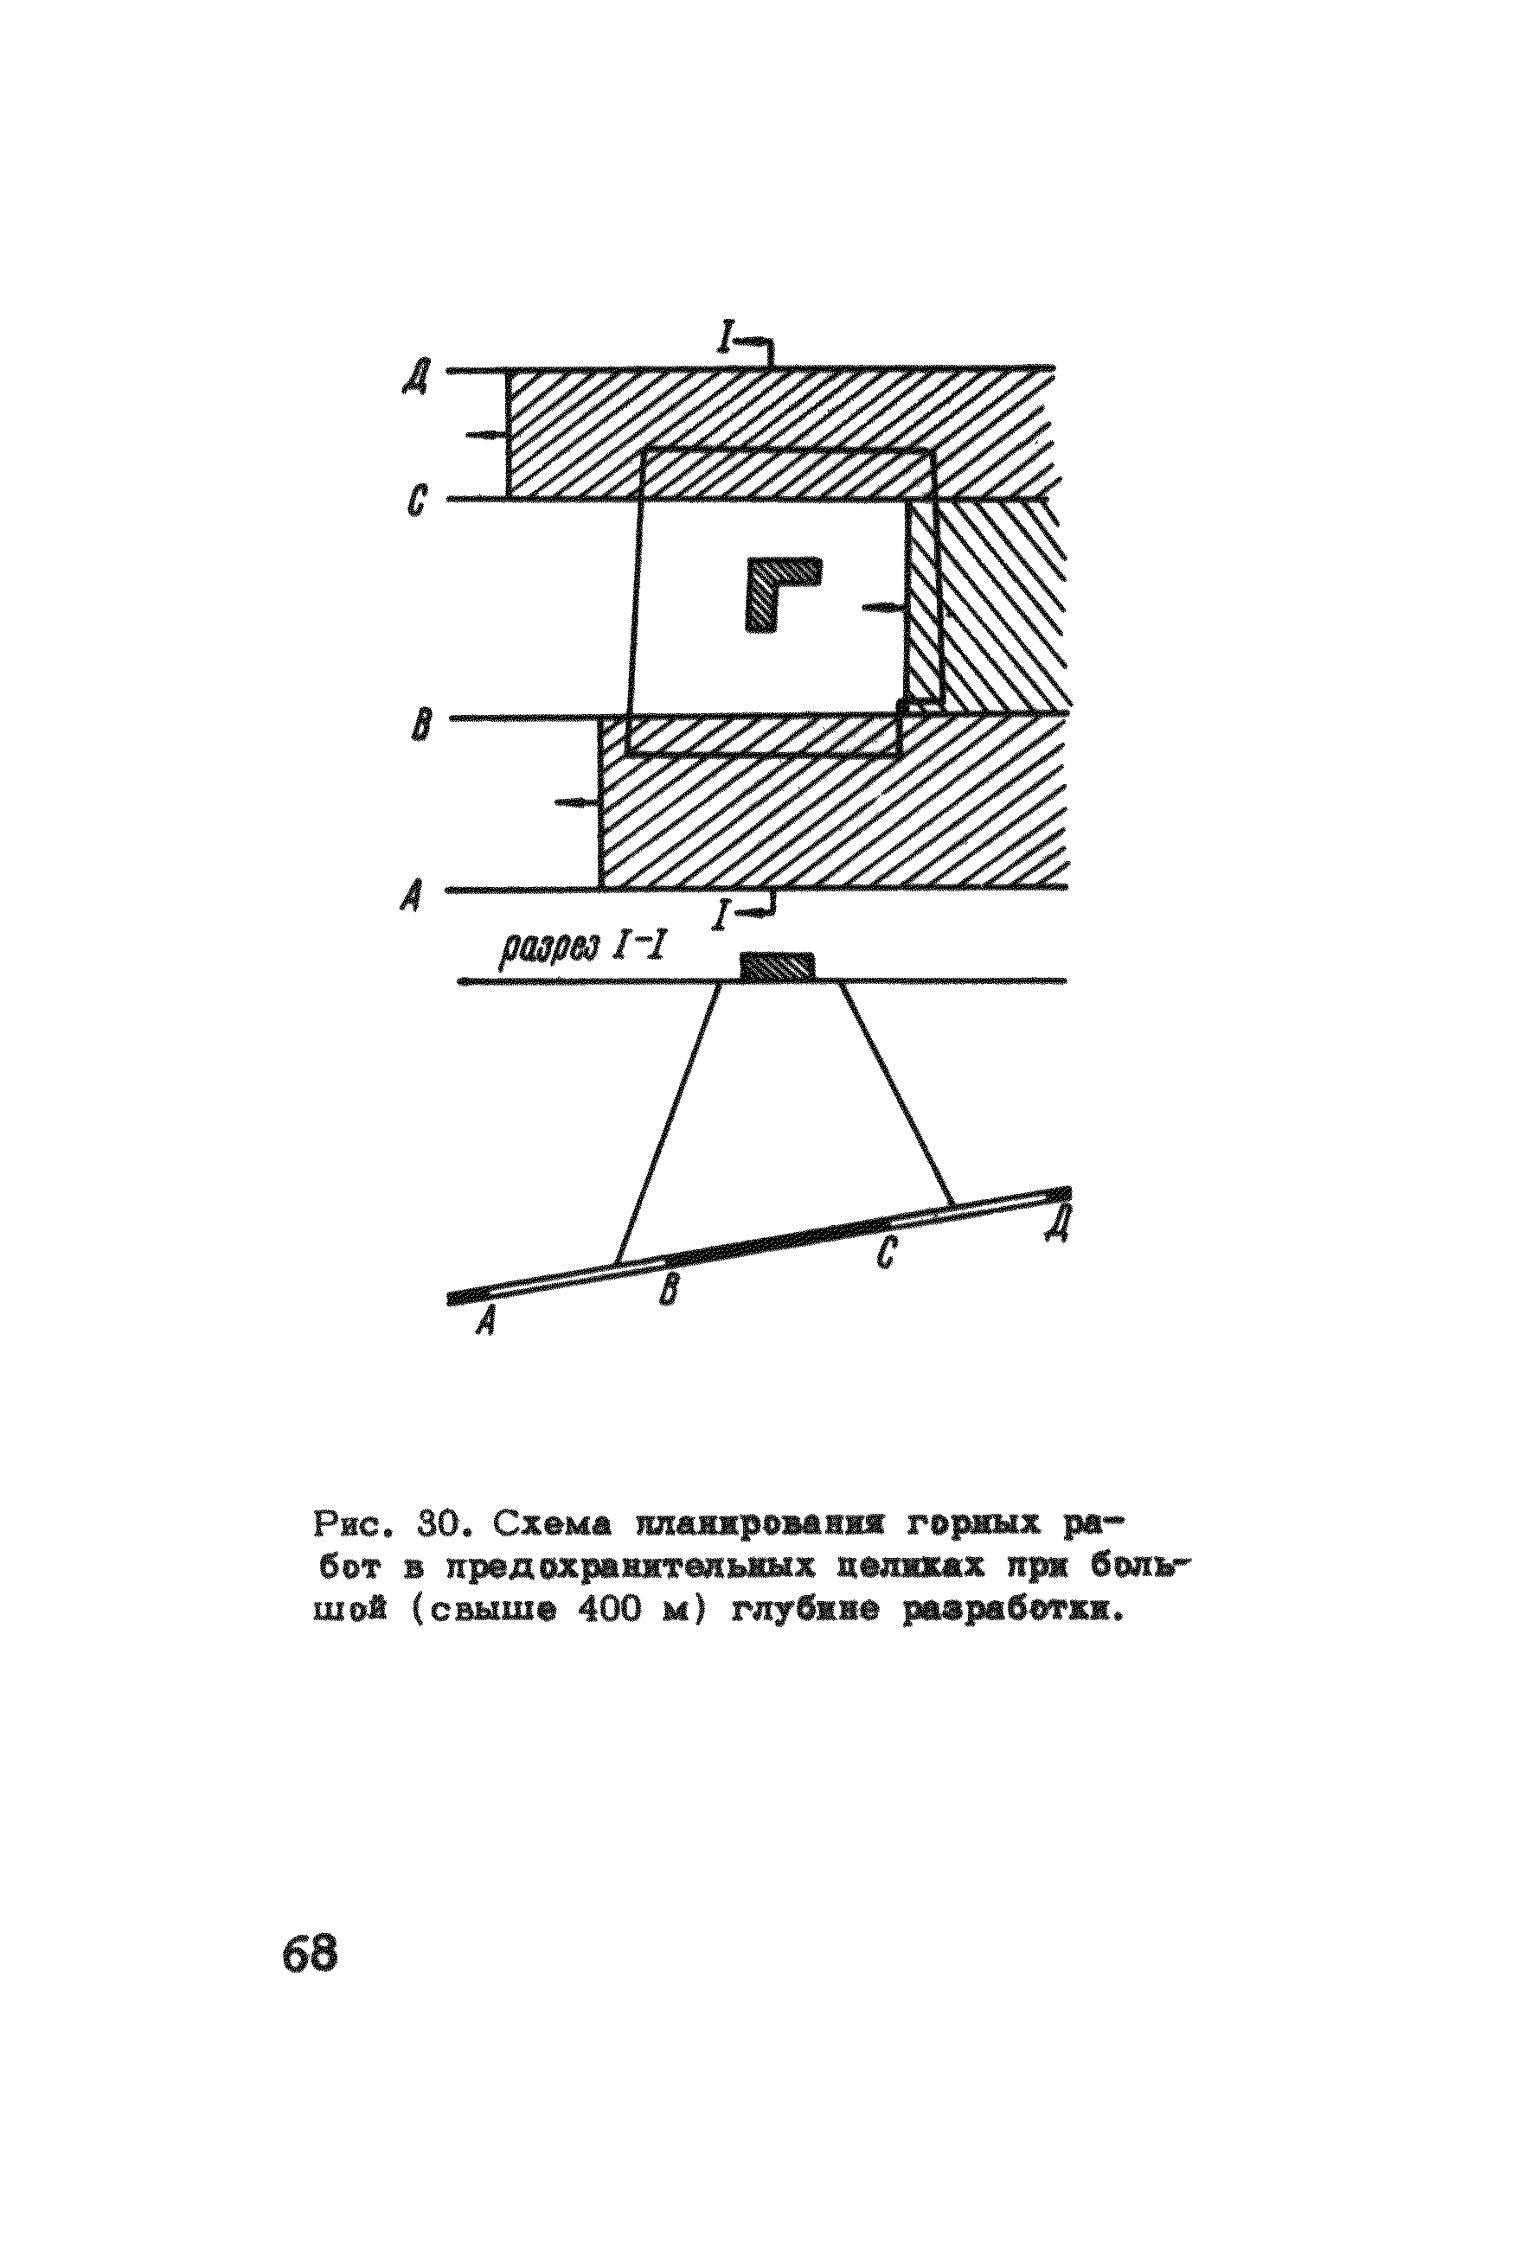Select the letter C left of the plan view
(417, 503)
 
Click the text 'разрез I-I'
(581, 955)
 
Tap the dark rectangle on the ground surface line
(777, 966)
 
